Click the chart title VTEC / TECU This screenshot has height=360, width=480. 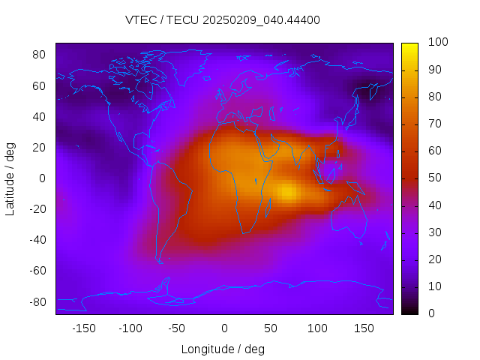click(x=223, y=20)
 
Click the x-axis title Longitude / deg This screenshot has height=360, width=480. click(x=223, y=349)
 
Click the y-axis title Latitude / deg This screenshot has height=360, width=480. click(x=10, y=178)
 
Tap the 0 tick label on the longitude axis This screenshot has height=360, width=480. click(x=223, y=328)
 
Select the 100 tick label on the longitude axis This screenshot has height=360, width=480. click(x=317, y=328)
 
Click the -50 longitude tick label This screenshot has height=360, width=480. click(x=177, y=328)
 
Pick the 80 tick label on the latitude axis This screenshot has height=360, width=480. click(x=40, y=55)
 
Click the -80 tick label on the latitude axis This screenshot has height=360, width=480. click(x=37, y=301)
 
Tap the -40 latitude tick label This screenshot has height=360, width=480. click(x=37, y=240)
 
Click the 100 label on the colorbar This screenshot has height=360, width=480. click(x=437, y=43)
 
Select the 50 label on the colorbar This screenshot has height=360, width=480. click(x=434, y=178)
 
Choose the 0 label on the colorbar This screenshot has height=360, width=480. click(x=431, y=313)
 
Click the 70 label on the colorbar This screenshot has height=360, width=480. click(x=434, y=124)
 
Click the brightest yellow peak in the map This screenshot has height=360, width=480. click(x=287, y=192)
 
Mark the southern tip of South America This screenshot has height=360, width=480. click(x=160, y=262)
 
